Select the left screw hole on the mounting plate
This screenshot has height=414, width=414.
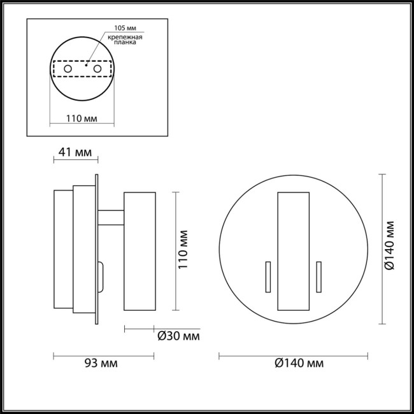[x=68, y=68]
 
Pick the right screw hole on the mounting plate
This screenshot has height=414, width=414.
[x=97, y=68]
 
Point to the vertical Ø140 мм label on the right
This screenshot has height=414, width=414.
[x=390, y=249]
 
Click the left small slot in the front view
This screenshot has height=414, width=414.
[x=268, y=278]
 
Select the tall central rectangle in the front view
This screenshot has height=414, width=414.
[x=292, y=251]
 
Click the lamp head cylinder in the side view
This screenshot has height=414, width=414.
[x=139, y=251]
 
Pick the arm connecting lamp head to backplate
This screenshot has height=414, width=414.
[x=110, y=218]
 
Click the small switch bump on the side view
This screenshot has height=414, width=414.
[x=101, y=275]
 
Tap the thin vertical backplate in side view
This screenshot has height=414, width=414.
[x=96, y=248]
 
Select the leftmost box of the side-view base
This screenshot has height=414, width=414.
[x=62, y=251]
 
